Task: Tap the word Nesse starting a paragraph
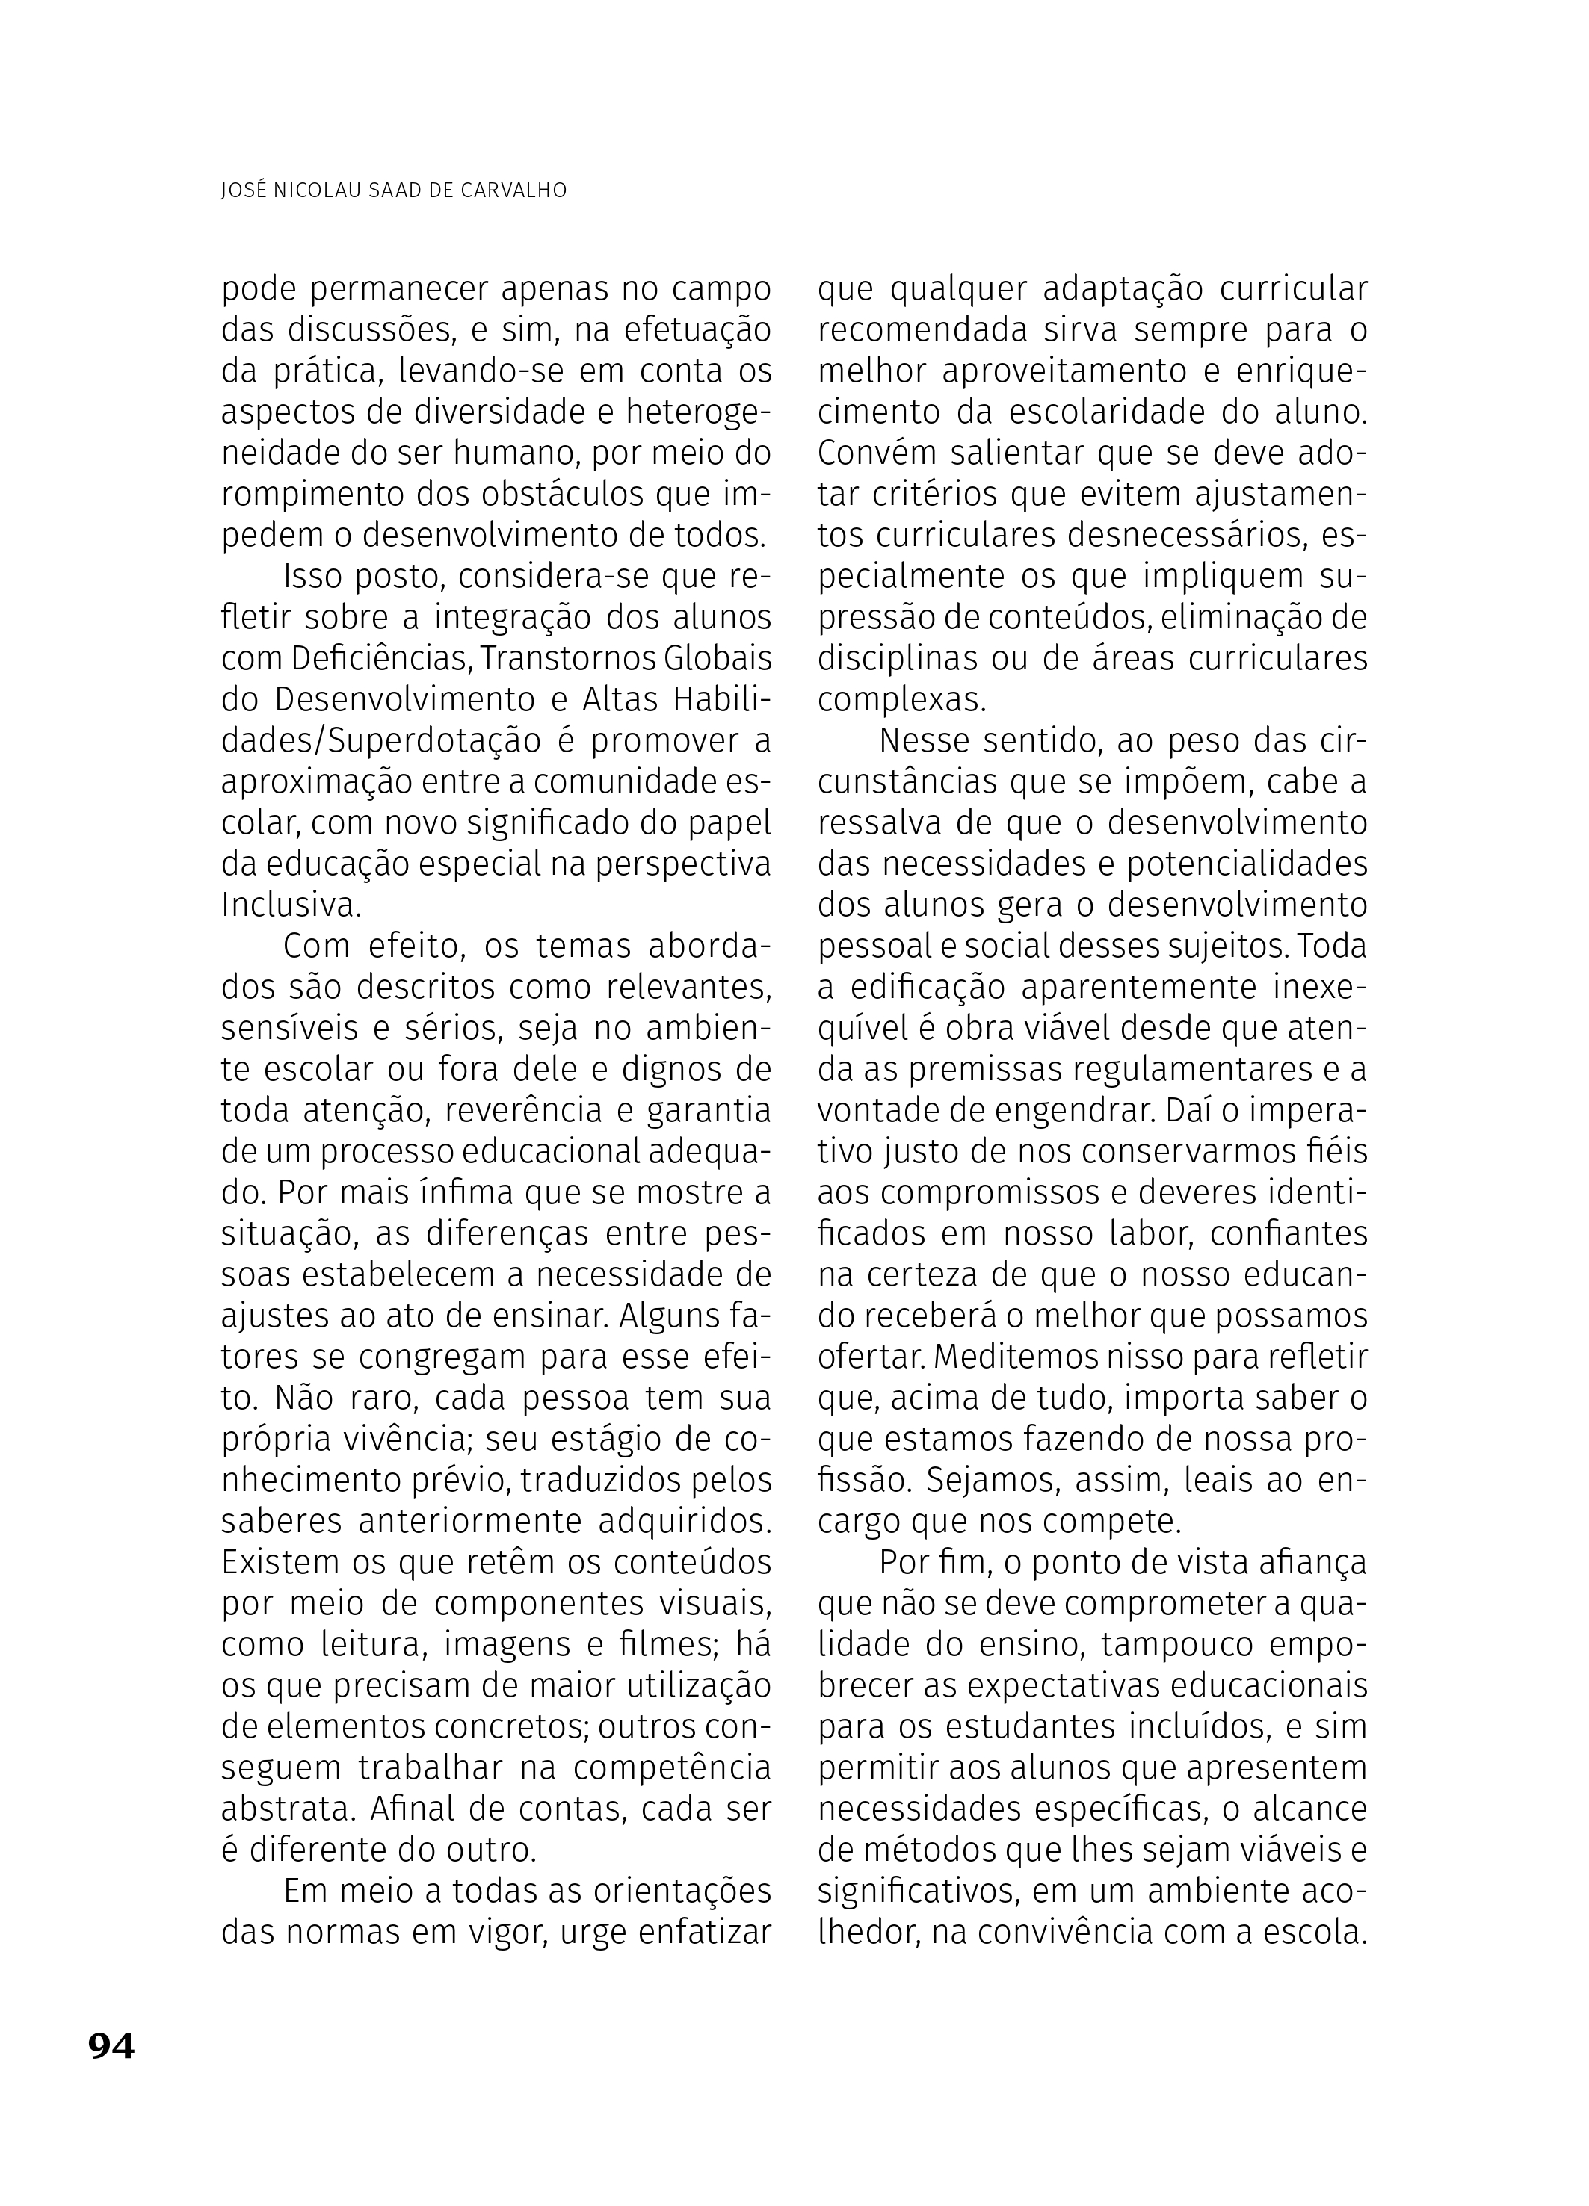[x=922, y=741]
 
